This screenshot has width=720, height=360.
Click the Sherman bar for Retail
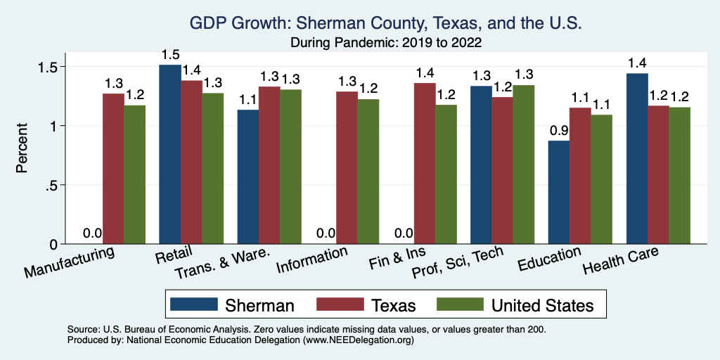click(x=169, y=154)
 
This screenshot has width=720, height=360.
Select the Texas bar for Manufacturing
click(x=113, y=169)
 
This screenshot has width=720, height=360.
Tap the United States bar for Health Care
click(x=680, y=175)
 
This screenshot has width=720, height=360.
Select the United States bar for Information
click(x=368, y=172)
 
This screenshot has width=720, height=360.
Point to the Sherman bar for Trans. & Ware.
click(x=247, y=176)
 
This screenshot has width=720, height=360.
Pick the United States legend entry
click(x=514, y=305)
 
